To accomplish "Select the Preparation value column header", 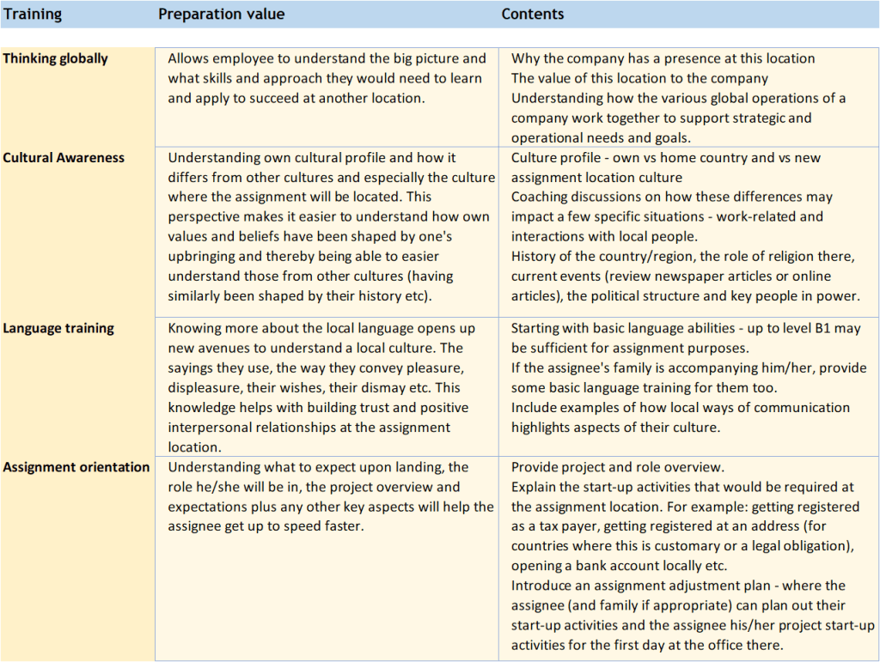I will tap(221, 14).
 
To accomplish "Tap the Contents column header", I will tap(532, 14).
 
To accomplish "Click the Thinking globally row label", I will tap(55, 58).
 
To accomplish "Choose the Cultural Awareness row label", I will tap(64, 157).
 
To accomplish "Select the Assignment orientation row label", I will tap(76, 467).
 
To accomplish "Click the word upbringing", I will tap(206, 257).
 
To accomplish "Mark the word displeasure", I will tap(206, 387).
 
